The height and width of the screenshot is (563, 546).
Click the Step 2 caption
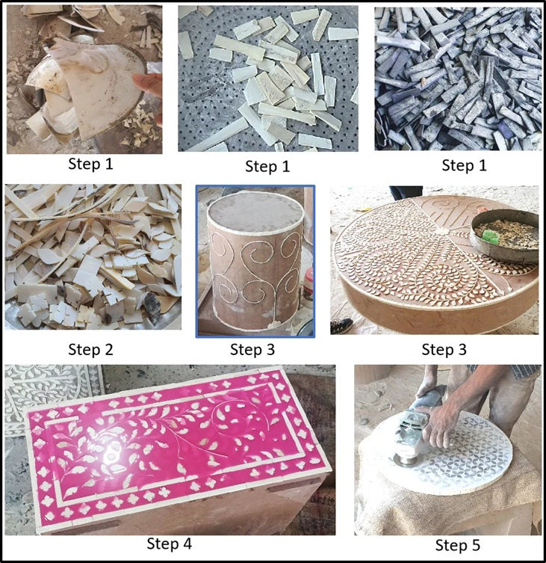(93, 348)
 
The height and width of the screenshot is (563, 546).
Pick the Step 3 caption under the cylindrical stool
(253, 348)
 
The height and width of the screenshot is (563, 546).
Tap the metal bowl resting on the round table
(507, 236)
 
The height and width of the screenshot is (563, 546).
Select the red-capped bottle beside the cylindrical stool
(308, 283)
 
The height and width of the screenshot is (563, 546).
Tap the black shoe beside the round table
(341, 325)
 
